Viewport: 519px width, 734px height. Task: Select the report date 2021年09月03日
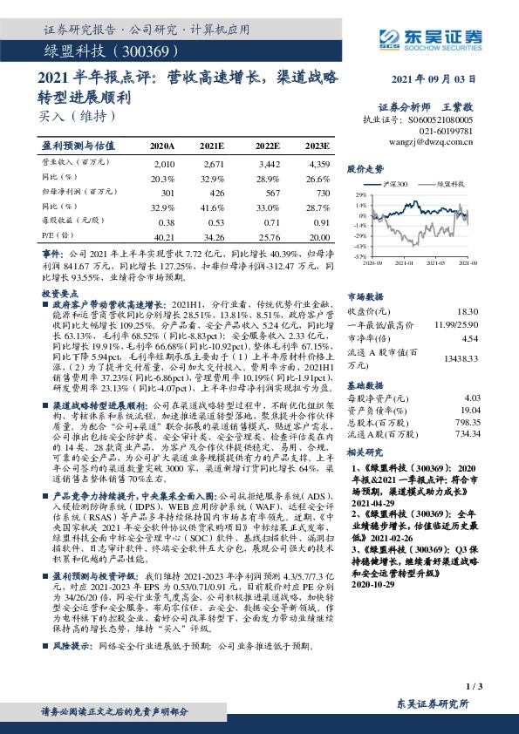point(433,78)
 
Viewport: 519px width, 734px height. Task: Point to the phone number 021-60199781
point(442,129)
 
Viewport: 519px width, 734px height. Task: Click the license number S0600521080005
point(441,118)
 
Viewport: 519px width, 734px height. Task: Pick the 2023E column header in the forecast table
point(318,146)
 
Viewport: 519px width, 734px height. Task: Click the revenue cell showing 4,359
point(319,164)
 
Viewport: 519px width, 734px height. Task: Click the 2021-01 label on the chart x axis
point(403,262)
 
